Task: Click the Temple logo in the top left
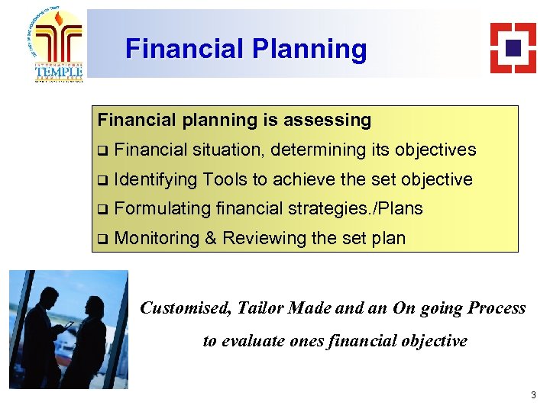[58, 45]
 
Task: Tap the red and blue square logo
[513, 47]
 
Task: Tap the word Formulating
[163, 209]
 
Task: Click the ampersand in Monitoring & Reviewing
[211, 239]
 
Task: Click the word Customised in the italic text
[184, 308]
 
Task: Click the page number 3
[533, 395]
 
